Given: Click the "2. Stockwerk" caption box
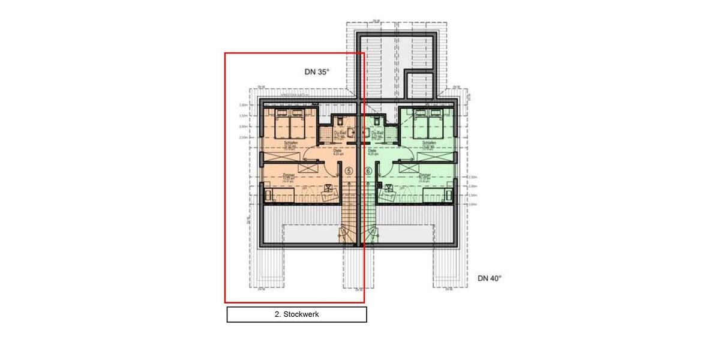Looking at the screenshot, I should [296, 314].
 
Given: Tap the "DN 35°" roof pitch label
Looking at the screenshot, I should [317, 72].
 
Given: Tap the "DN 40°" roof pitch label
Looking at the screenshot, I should [489, 278].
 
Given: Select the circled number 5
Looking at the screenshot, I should [349, 171].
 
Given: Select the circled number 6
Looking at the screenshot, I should [368, 171].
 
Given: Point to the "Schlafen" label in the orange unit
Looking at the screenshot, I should [291, 143].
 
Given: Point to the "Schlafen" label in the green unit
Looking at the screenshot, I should [428, 143].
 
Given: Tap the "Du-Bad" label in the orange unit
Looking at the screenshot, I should [340, 133].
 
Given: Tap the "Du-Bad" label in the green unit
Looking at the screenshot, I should [377, 133].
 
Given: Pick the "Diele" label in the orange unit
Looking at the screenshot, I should [329, 151].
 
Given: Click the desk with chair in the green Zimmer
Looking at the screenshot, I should [388, 191].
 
